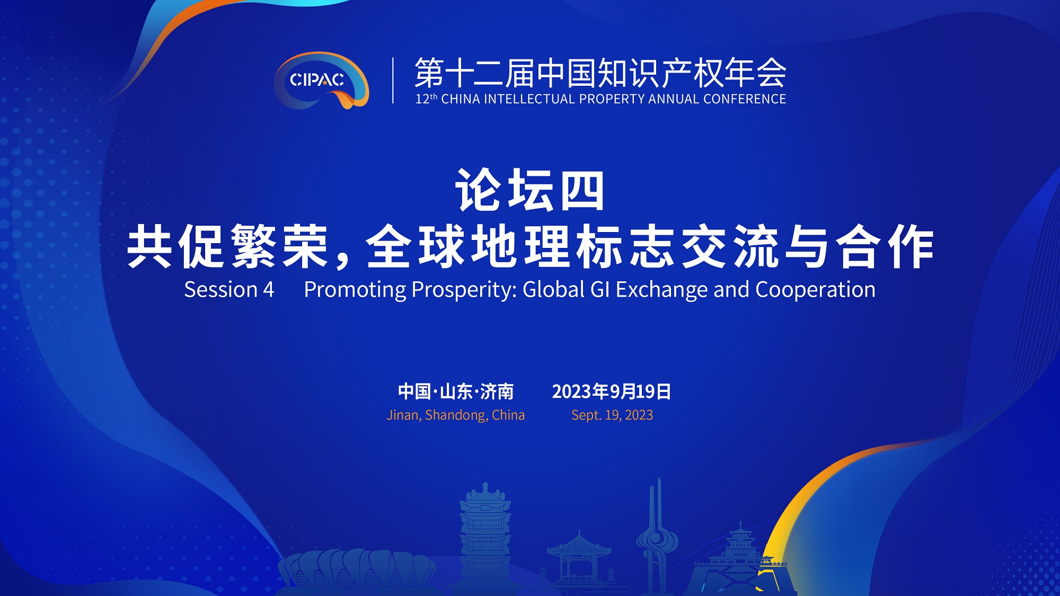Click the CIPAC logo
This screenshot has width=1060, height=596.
click(x=321, y=81)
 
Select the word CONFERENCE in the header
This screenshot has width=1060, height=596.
click(x=745, y=99)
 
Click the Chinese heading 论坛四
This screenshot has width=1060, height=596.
click(x=530, y=190)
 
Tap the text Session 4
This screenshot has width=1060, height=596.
click(x=229, y=289)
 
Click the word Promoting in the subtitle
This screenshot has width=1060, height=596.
click(x=355, y=290)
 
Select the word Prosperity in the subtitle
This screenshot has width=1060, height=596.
click(x=464, y=290)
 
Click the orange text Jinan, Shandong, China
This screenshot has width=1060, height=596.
click(x=456, y=415)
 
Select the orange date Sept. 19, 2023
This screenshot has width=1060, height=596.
click(x=612, y=415)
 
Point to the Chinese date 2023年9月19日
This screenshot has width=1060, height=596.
click(x=612, y=392)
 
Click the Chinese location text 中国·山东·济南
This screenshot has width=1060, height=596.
click(x=456, y=392)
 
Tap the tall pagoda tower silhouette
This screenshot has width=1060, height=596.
click(x=485, y=538)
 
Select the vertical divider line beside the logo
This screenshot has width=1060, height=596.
click(x=393, y=80)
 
